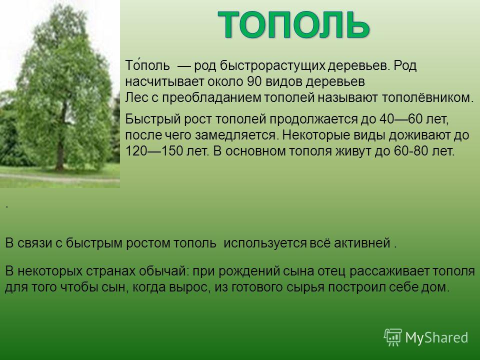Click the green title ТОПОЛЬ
point(293,24)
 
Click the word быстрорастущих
point(272,66)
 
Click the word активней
point(362,243)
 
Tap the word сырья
point(305,287)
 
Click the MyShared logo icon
point(393,337)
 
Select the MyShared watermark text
point(436,337)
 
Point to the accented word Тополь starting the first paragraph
point(147,65)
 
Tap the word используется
point(265,243)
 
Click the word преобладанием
point(211,97)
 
